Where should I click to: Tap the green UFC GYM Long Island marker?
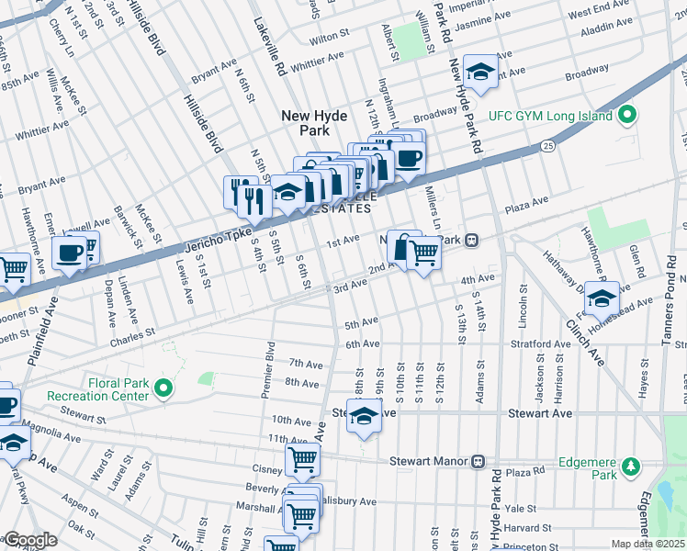pos(627,116)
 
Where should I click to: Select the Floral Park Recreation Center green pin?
pos(164,389)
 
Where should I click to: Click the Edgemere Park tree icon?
pos(630,467)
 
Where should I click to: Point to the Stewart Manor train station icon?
pos(478,460)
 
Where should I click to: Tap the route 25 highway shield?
pos(548,146)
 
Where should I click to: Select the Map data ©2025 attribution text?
pos(648,544)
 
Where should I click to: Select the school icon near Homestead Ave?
pos(602,298)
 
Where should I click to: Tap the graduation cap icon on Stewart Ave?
pos(364,417)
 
